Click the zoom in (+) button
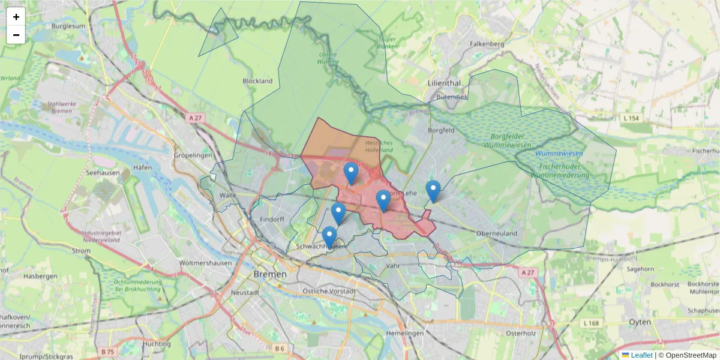(16, 17)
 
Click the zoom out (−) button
(16, 35)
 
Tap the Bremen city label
(270, 274)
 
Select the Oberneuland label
(496, 233)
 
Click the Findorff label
(272, 220)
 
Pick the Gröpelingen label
(193, 155)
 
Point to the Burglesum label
(68, 26)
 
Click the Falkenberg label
(487, 44)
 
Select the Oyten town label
(640, 322)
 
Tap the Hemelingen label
(406, 333)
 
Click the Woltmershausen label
(205, 263)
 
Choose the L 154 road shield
(631, 119)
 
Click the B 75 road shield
(108, 351)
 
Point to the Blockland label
(257, 81)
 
